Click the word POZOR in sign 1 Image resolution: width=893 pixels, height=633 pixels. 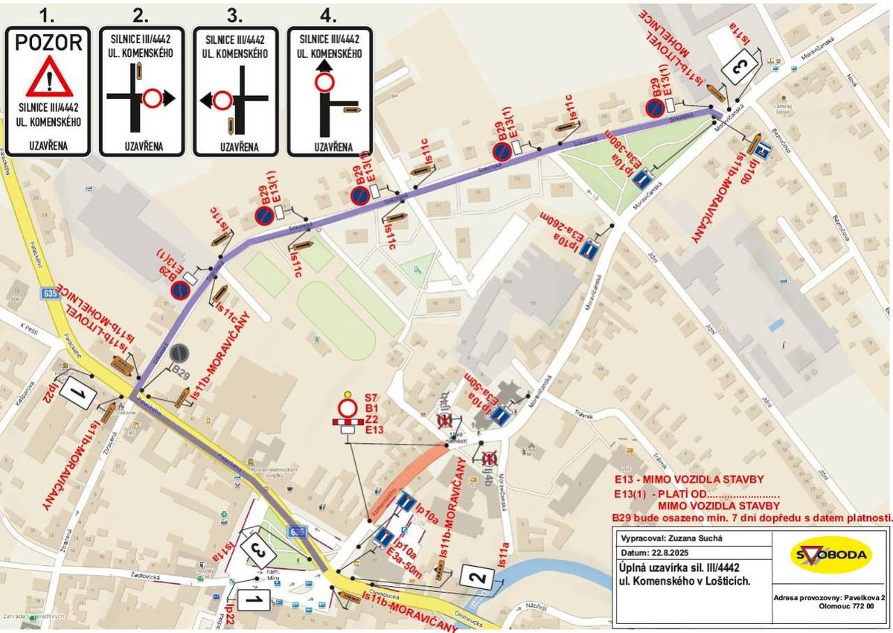coord(48,42)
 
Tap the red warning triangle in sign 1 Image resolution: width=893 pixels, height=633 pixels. coord(48,77)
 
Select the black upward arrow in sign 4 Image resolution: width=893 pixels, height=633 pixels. coord(324,66)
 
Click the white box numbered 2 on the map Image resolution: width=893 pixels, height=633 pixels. coord(480,576)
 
